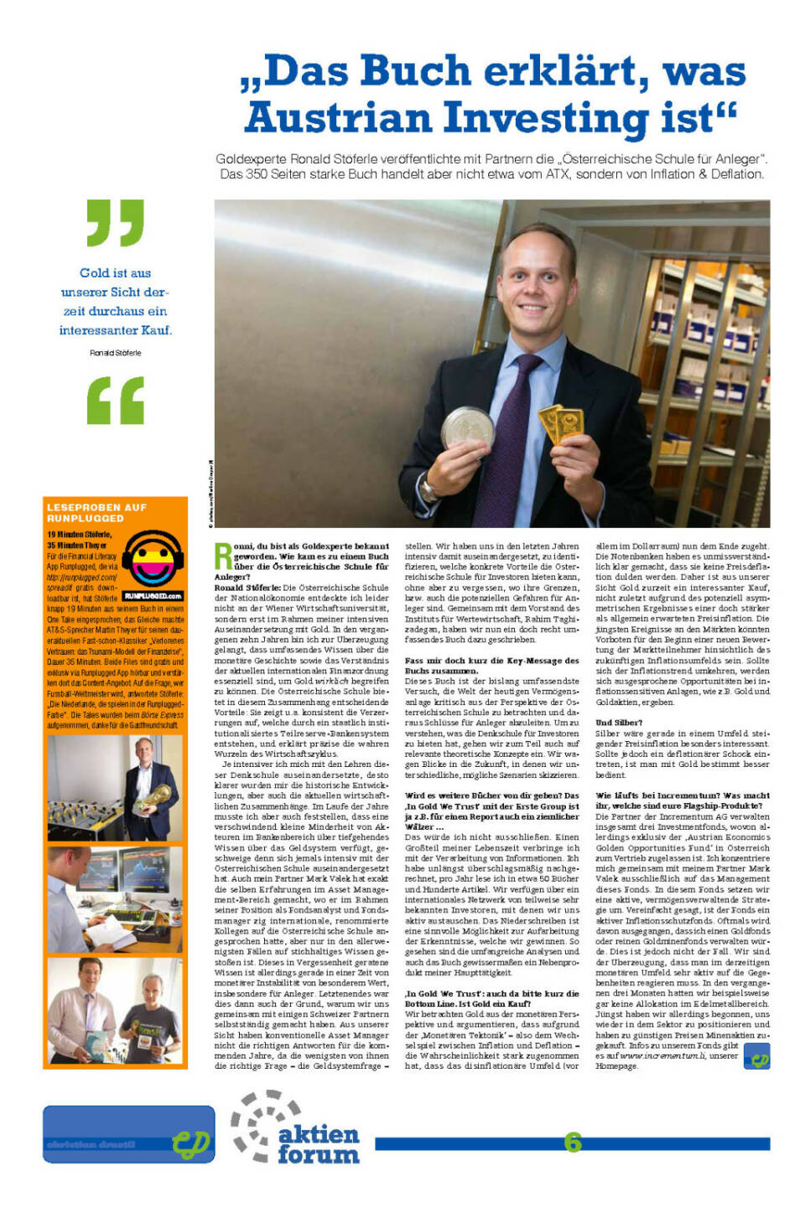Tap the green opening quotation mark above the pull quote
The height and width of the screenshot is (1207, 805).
(x=116, y=222)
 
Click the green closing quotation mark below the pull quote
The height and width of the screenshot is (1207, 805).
(x=116, y=400)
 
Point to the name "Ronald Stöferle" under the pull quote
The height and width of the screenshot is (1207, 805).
(x=116, y=353)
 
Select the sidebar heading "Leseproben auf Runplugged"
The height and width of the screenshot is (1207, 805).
(x=96, y=513)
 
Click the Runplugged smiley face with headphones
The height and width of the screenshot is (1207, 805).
(x=153, y=559)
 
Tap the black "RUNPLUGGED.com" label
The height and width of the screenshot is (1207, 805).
(x=153, y=596)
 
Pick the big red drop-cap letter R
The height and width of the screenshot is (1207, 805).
(x=223, y=557)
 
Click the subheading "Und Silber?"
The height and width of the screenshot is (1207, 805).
(x=619, y=722)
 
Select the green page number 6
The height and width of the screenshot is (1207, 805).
(x=573, y=1142)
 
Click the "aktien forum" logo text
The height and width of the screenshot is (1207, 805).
(x=318, y=1144)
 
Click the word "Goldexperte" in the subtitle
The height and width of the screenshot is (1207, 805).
(x=251, y=159)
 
